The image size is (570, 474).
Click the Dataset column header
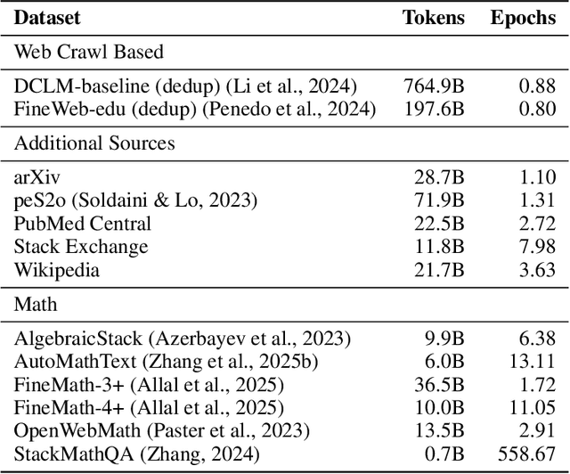(x=47, y=17)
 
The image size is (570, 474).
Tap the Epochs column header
(x=523, y=17)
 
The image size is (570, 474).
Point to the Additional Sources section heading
(x=94, y=143)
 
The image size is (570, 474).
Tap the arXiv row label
(x=37, y=176)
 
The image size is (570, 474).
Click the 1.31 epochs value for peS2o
(x=538, y=200)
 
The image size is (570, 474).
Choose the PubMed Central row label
(x=83, y=223)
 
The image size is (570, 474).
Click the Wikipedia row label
(x=56, y=269)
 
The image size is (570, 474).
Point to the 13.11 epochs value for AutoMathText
(x=533, y=362)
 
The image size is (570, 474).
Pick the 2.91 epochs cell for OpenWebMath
(x=538, y=431)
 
